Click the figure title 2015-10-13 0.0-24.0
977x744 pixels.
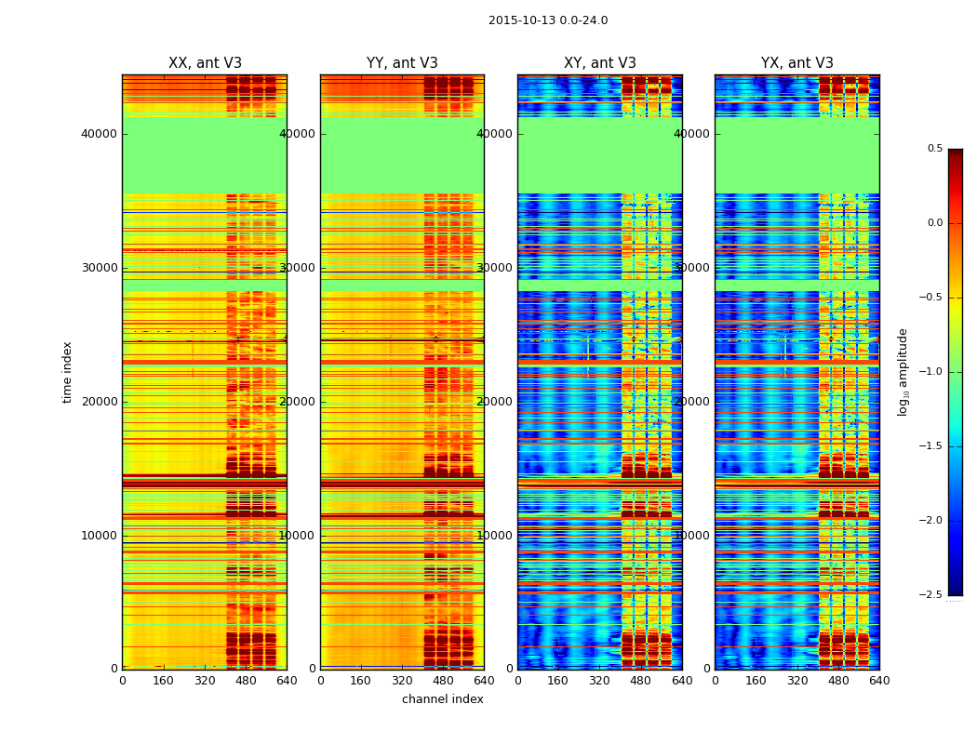(x=548, y=20)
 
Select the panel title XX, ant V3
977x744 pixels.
(x=205, y=63)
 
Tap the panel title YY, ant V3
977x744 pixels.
(x=402, y=63)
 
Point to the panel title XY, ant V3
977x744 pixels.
(x=600, y=63)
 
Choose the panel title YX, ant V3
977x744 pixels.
(x=797, y=63)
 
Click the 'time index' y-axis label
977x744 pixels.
(x=67, y=372)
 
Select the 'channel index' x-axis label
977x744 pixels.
(x=443, y=699)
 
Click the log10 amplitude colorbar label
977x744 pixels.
(x=903, y=372)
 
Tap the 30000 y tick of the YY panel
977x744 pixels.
(x=298, y=268)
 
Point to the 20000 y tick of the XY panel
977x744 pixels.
(x=495, y=402)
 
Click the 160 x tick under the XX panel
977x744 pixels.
(x=164, y=681)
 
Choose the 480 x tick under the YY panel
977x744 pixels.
(x=443, y=681)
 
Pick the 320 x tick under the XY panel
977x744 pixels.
(x=600, y=681)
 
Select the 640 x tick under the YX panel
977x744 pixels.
(x=879, y=681)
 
